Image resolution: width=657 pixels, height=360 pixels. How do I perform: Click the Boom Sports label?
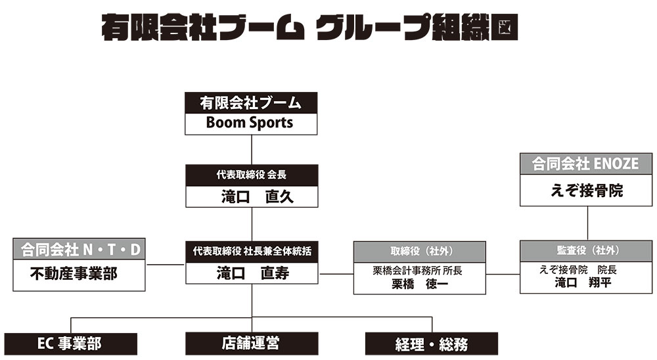coord(249,123)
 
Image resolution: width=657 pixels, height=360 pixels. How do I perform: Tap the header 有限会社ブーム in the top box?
coord(250,102)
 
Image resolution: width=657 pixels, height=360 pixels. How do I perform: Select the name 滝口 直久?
coord(258,196)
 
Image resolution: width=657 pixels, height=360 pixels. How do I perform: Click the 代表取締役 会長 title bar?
coord(252,175)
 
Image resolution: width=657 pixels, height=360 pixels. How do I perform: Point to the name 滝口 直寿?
coord(253,273)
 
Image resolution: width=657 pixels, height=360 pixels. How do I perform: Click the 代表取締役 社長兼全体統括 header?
coord(252,252)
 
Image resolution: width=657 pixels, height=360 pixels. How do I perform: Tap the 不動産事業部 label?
coord(74,274)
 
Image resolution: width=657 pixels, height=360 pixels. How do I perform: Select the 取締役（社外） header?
coord(420,252)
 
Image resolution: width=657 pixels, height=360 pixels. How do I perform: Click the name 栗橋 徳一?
coord(420,284)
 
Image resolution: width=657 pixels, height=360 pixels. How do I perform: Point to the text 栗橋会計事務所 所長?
coord(418,271)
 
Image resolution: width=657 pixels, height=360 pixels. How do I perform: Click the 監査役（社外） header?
coord(586,250)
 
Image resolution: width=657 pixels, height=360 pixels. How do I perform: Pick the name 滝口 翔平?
coord(583,283)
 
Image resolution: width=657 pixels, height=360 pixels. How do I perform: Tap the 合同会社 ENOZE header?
coord(586,164)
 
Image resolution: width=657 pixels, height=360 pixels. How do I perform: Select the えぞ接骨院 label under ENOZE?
coord(587,191)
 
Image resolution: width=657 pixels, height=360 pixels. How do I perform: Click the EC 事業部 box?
coord(71,344)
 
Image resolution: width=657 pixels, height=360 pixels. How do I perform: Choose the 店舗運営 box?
coord(252,344)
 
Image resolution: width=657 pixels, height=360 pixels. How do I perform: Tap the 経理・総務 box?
coord(432,344)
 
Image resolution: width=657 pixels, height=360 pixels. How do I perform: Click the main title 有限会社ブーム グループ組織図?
coord(309,27)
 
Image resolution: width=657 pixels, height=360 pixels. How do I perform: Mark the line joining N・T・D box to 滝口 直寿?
coord(166,265)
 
